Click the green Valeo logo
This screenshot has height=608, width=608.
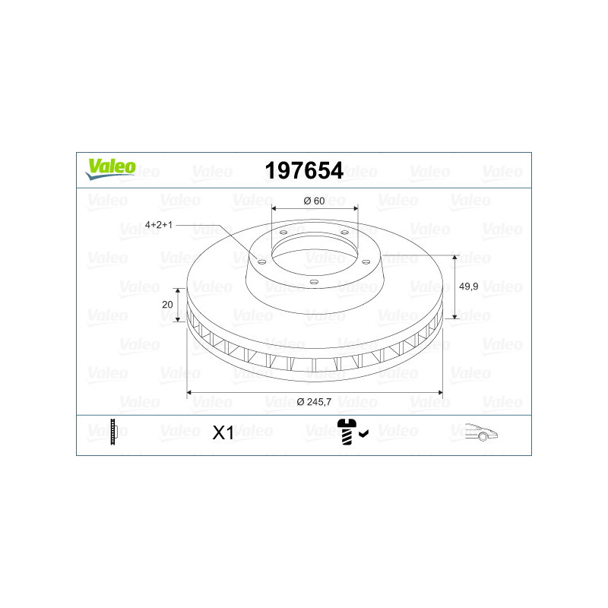click(110, 169)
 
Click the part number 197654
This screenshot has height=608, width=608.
click(304, 170)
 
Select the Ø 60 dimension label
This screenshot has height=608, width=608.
click(314, 201)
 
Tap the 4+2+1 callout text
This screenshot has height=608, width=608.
click(159, 224)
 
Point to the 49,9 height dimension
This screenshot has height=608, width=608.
click(468, 287)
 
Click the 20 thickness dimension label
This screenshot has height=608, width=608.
click(167, 305)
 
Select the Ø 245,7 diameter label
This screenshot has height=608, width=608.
click(314, 402)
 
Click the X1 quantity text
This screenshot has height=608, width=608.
click(223, 432)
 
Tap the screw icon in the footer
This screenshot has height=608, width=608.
click(347, 432)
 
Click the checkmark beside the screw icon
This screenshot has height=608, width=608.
click(364, 433)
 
